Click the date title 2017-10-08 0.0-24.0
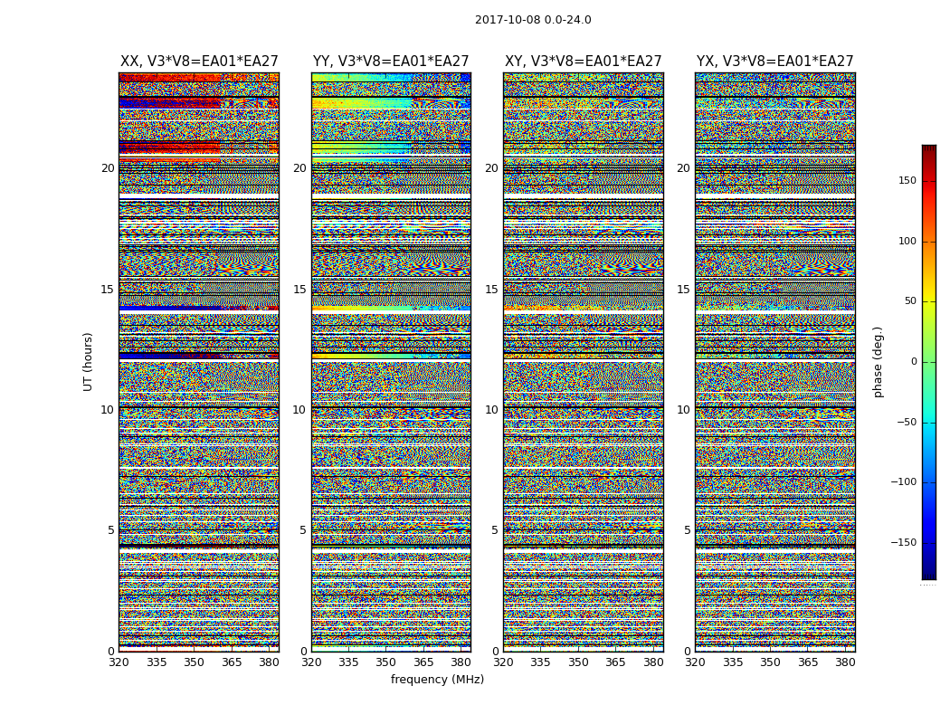pos(533,20)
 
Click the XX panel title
pos(199,62)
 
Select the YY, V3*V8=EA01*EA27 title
pos(391,62)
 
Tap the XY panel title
pos(583,62)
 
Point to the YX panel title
pos(774,62)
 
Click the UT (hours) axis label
pos(89,361)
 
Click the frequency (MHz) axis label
pos(437,680)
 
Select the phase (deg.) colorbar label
pos(879,362)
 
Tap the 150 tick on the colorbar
pos(907,181)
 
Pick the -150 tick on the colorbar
pos(904,543)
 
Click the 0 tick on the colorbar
pos(914,362)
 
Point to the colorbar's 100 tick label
pos(907,242)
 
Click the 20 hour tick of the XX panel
pos(108,168)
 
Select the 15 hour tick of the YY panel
pos(299,290)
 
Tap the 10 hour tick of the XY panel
pos(491,410)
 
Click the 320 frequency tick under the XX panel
pos(119,662)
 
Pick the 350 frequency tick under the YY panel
pos(386,662)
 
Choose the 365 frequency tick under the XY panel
pos(615,662)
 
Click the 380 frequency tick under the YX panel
pos(845,662)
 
